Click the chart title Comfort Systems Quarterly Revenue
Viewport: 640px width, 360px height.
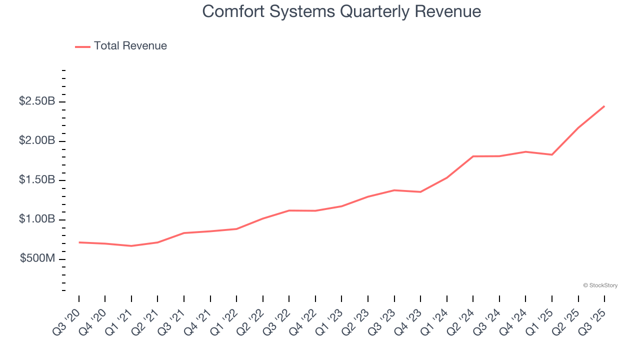pyautogui.click(x=341, y=12)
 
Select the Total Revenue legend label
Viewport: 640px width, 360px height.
pyautogui.click(x=130, y=46)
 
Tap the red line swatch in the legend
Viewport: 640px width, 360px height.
pyautogui.click(x=82, y=46)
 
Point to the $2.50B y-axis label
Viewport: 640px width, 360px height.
pyautogui.click(x=37, y=101)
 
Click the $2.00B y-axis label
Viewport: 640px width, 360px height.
pyautogui.click(x=37, y=141)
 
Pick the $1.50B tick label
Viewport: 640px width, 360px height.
pyautogui.click(x=37, y=180)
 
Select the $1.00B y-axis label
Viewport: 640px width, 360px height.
pyautogui.click(x=37, y=219)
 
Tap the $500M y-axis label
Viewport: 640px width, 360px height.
pyautogui.click(x=38, y=259)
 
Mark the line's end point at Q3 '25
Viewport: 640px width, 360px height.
pyautogui.click(x=604, y=106)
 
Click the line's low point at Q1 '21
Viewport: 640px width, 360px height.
pyautogui.click(x=131, y=246)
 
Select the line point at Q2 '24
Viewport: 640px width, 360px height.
pyautogui.click(x=473, y=156)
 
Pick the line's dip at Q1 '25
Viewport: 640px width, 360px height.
pyautogui.click(x=551, y=154)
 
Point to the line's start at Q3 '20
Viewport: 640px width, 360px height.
pyautogui.click(x=79, y=242)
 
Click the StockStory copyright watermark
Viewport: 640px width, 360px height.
pyautogui.click(x=600, y=285)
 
